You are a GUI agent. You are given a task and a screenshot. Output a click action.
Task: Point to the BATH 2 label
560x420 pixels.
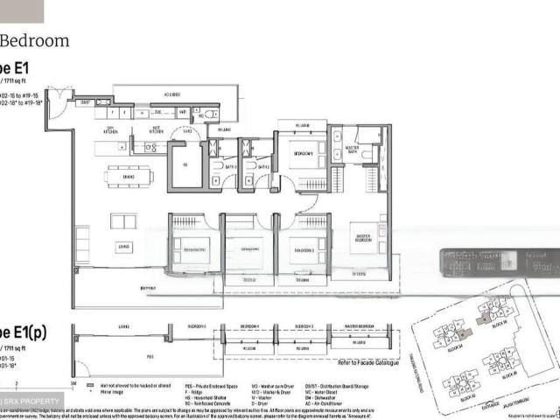[x=231, y=164]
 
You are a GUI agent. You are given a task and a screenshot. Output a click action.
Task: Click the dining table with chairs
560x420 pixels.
[x=128, y=177]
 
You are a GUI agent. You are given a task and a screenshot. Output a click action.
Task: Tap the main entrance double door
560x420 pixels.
[x=55, y=107]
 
